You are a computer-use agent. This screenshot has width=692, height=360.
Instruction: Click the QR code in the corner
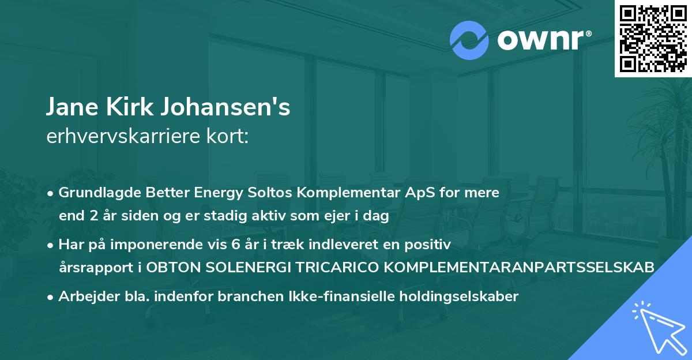tap(653, 38)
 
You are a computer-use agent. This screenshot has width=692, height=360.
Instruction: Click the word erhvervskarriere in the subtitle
tap(121, 137)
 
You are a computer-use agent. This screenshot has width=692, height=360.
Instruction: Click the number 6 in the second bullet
tap(235, 245)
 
